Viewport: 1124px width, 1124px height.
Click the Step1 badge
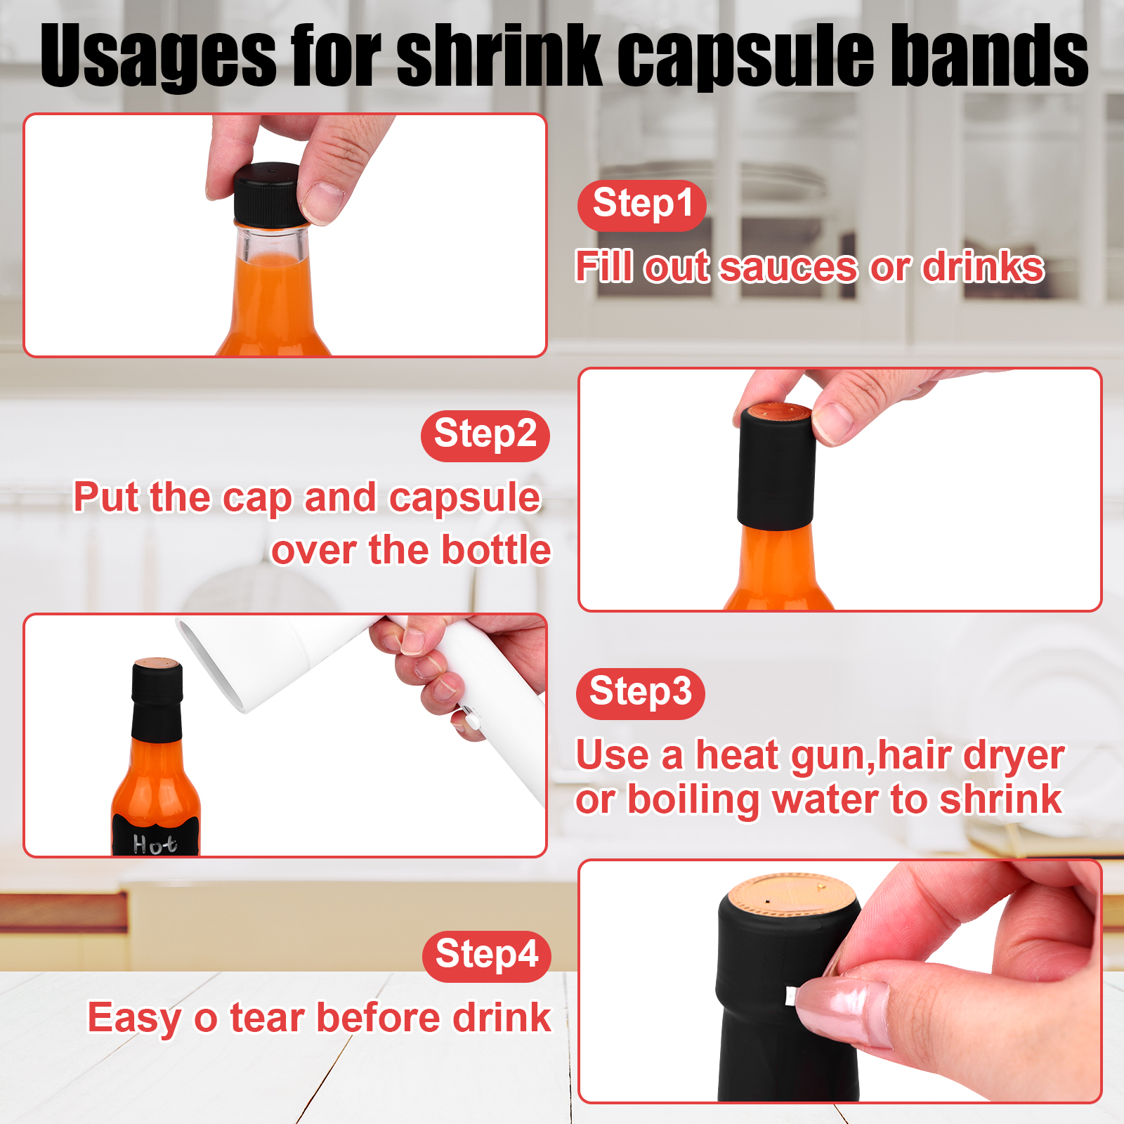click(x=641, y=205)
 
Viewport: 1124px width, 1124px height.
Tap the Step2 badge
click(x=485, y=436)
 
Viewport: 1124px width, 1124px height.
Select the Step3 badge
click(x=640, y=693)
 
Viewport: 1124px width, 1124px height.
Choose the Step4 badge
click(x=486, y=956)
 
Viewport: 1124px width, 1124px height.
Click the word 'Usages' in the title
click(x=158, y=56)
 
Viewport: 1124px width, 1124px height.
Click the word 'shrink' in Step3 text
click(x=1001, y=799)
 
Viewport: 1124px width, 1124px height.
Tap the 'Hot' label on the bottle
click(x=155, y=843)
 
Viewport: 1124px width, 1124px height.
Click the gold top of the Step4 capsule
click(x=792, y=894)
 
